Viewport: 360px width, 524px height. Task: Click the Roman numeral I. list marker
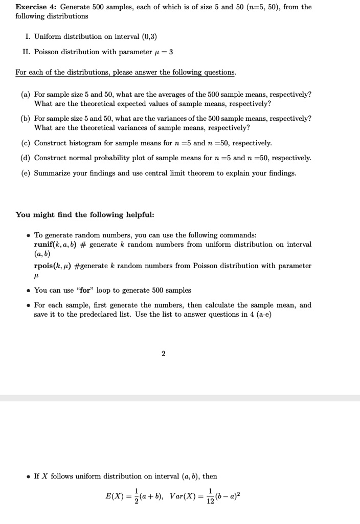[x=29, y=37]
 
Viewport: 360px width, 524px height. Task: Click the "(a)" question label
[x=25, y=95]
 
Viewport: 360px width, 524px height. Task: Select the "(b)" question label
[x=25, y=118]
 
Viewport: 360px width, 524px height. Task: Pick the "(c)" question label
[x=25, y=143]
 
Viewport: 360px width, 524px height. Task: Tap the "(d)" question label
[x=25, y=158]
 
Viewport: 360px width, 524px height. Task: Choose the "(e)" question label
[x=25, y=173]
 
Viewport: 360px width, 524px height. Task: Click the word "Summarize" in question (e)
[x=52, y=173]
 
